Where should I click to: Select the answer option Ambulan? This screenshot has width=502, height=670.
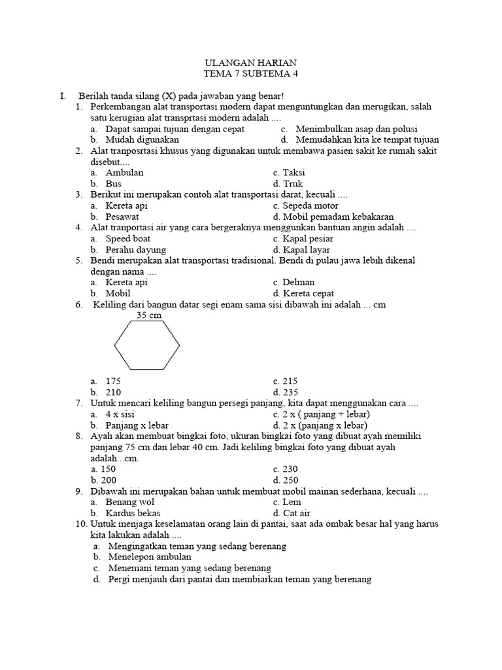pos(124,173)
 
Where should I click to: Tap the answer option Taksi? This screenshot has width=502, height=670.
pos(294,173)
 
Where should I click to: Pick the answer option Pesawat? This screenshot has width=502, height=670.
pos(122,217)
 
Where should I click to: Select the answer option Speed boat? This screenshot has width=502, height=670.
pos(128,239)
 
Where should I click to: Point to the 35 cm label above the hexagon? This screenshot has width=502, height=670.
pos(148,315)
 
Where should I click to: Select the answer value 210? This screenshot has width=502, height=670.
pos(113,392)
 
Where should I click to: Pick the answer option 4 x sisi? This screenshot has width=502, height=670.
pos(120,414)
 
